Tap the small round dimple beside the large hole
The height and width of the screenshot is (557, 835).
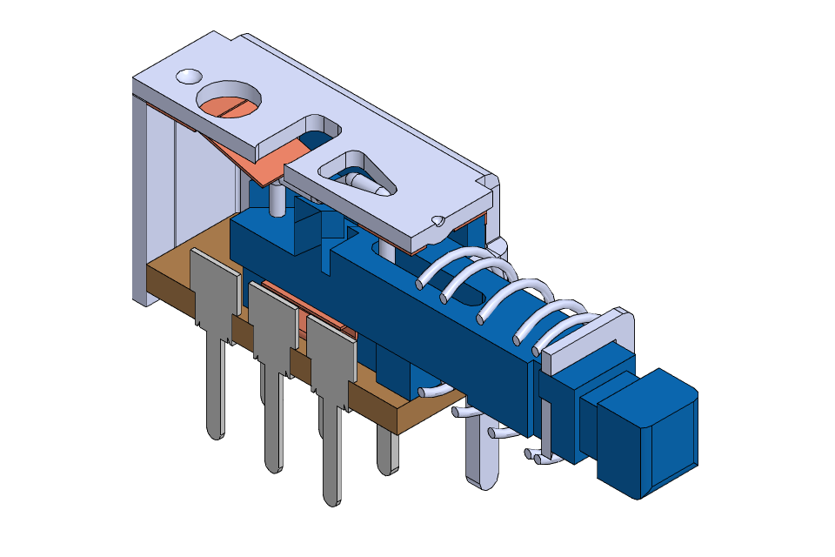point(188,77)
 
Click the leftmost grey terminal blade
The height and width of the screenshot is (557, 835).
point(214,287)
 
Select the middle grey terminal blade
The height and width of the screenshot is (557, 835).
point(273,319)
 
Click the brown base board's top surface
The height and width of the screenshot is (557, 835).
point(191,248)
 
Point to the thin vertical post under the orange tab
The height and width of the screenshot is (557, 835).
point(276,200)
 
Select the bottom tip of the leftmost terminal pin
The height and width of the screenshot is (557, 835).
point(214,431)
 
